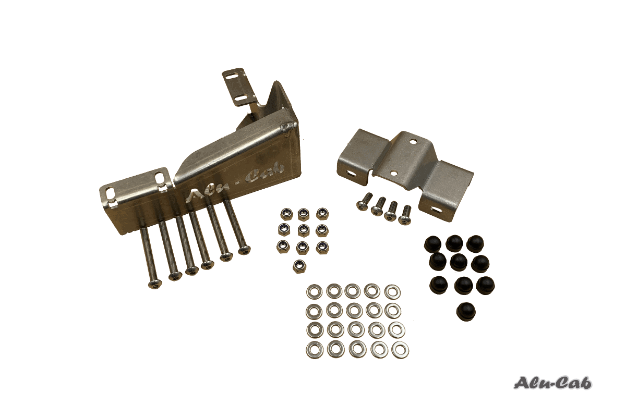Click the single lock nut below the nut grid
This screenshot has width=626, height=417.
[x=299, y=266]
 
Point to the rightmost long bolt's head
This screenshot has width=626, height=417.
[x=245, y=251]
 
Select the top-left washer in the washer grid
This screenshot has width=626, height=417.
[x=315, y=291]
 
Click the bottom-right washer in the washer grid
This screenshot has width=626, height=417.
[x=401, y=350]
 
